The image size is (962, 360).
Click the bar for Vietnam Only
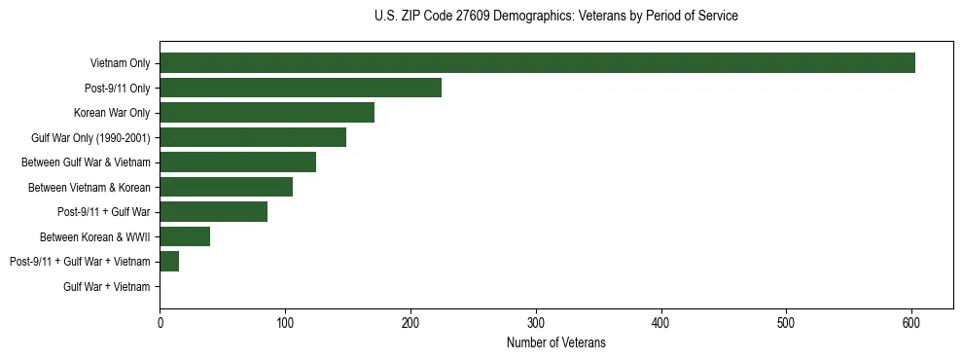[x=537, y=63]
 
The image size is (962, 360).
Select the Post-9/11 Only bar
[x=301, y=88]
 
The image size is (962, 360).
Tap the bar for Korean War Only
[x=267, y=113]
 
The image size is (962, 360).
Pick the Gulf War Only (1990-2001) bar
[x=253, y=137]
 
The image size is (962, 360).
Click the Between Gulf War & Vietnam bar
[x=237, y=162]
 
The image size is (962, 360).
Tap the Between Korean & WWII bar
[x=185, y=236]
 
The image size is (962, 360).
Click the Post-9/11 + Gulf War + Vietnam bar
[x=169, y=262]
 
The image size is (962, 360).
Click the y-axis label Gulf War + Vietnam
[x=107, y=287]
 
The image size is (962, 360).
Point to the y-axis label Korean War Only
[x=112, y=113]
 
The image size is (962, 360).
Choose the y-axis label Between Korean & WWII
[x=94, y=236]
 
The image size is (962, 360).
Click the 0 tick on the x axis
[x=160, y=323]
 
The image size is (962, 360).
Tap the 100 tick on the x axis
[x=285, y=323]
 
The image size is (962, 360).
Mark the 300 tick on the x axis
[x=536, y=323]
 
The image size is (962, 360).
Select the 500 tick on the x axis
[x=786, y=323]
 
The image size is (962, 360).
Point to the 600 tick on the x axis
[x=911, y=323]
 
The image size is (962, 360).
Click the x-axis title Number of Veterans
[x=555, y=342]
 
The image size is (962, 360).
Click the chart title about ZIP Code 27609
[x=555, y=16]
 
